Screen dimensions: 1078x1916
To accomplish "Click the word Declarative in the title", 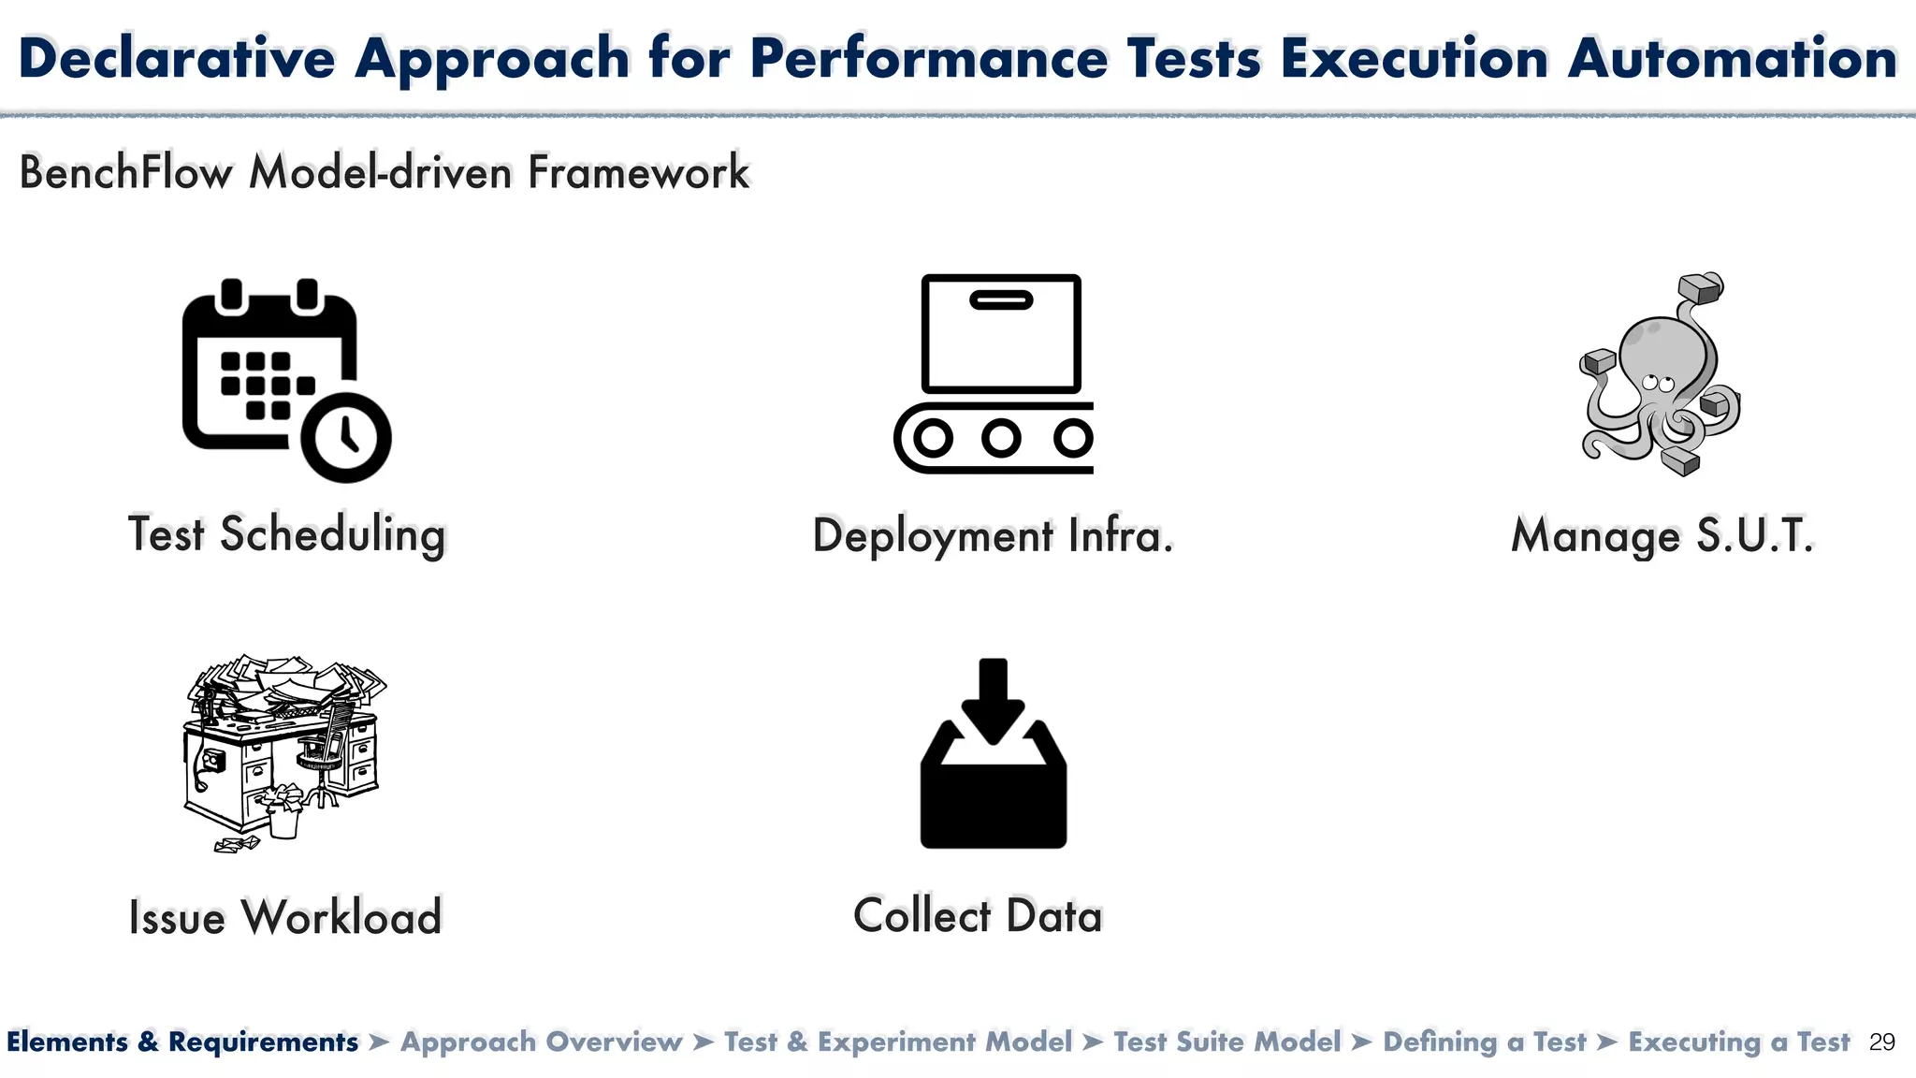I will [177, 58].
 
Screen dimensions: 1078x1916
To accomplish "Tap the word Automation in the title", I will [1732, 58].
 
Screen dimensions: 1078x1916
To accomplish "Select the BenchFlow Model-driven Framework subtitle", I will [384, 172].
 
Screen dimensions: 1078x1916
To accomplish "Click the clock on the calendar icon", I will [346, 437].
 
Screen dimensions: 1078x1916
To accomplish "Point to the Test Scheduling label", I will [286, 535].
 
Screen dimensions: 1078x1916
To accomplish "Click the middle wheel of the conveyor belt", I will [1001, 437].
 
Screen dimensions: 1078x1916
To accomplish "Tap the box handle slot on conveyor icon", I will [1001, 300].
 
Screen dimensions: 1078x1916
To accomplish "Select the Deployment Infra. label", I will [993, 536].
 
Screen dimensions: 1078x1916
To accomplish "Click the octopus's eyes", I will [1658, 383].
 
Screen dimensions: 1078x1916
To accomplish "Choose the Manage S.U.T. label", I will [1662, 536].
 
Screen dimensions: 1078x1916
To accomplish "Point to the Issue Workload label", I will [284, 917].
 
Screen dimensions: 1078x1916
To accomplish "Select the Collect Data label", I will [978, 915].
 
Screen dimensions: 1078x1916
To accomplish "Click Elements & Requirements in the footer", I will [182, 1042].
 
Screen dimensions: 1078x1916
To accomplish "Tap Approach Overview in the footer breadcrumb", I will [542, 1042].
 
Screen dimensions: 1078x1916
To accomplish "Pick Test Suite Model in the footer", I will [1227, 1042].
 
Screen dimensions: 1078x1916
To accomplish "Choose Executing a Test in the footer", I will [1738, 1042].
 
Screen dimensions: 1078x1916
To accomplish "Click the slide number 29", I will [1881, 1042].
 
